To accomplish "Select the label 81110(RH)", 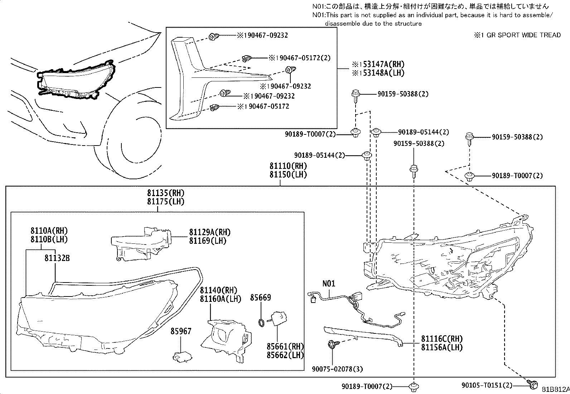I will (288, 166).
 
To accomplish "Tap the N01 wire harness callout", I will (329, 284).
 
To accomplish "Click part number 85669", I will (260, 298).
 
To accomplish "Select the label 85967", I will (180, 331).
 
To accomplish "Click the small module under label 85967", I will (182, 356).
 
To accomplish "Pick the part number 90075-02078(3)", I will (334, 369).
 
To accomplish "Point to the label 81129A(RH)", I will (210, 232).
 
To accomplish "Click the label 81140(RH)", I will (218, 290).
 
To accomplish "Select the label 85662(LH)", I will (285, 355).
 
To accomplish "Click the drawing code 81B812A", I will (555, 390).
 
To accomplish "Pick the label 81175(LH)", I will (165, 201).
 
